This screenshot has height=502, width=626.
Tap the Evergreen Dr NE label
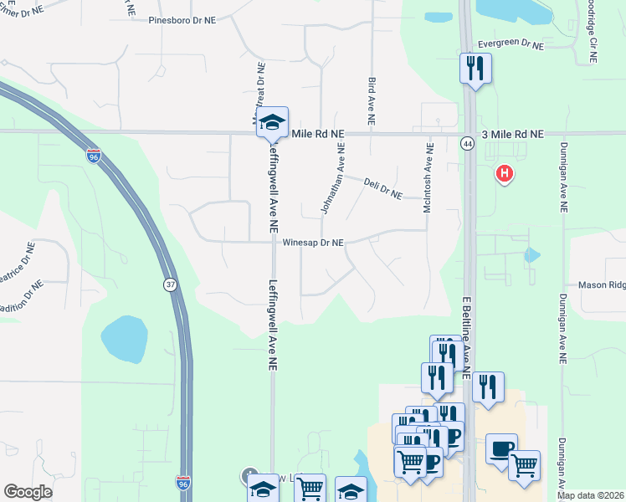[x=511, y=43]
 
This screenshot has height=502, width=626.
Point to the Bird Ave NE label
[x=372, y=96]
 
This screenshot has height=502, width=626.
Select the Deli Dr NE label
[x=383, y=187]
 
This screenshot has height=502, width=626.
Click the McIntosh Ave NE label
[x=428, y=178]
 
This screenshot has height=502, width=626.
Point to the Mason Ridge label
[x=602, y=285]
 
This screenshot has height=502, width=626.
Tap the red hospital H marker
[x=505, y=174]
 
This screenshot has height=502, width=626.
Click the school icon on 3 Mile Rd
[x=271, y=123]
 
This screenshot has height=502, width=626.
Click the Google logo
[x=28, y=492]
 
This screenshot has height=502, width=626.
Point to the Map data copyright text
[x=591, y=495]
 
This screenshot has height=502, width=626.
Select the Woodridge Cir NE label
[x=593, y=33]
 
